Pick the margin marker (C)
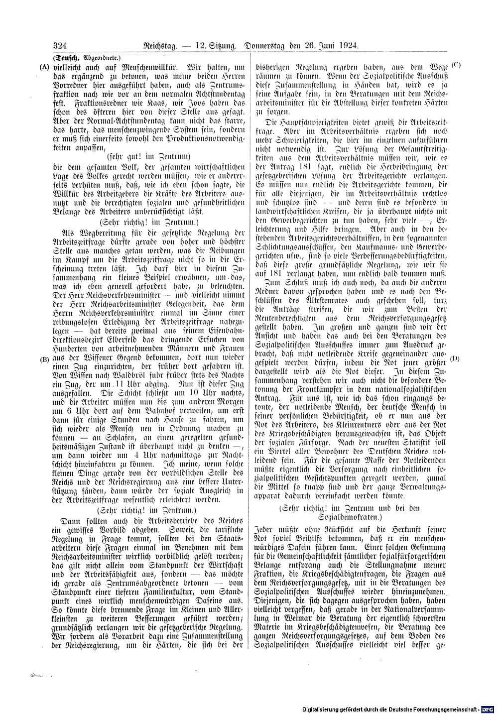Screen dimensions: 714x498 [x=456, y=65]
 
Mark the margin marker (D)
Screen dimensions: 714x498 [x=455, y=358]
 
